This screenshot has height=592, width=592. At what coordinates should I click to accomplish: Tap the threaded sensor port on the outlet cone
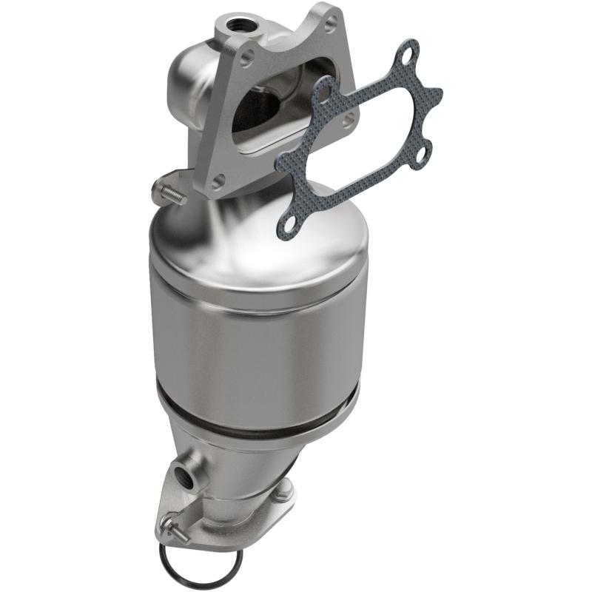182,478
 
